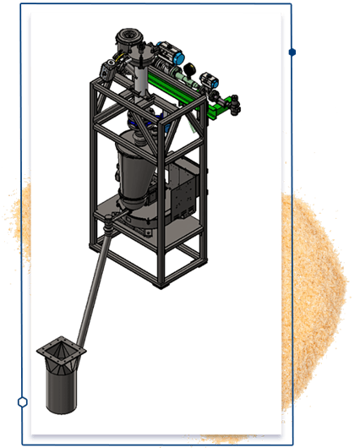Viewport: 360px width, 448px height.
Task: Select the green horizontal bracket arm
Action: coord(181,88)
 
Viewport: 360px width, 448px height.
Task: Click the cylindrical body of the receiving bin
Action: coord(60,385)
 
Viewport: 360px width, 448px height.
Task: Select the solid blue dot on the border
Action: coord(292,52)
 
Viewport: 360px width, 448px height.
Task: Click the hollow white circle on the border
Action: coord(23,402)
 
